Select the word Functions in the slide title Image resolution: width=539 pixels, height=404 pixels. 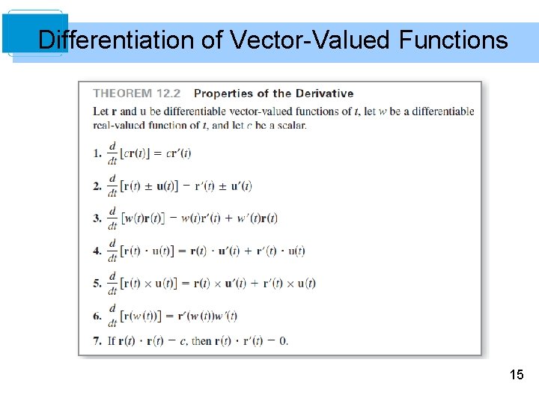pyautogui.click(x=453, y=40)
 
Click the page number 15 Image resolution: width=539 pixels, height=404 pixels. pyautogui.click(x=516, y=374)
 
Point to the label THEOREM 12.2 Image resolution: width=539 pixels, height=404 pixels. pyautogui.click(x=137, y=94)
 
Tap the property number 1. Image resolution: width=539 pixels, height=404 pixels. pyautogui.click(x=97, y=153)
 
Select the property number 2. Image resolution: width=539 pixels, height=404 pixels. pyautogui.click(x=97, y=186)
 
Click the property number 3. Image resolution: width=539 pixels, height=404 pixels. pyautogui.click(x=97, y=218)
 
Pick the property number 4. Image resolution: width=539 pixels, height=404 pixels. pyautogui.click(x=97, y=251)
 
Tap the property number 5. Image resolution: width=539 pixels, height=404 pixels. pyautogui.click(x=97, y=284)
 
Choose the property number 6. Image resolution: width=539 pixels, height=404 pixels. pyautogui.click(x=97, y=316)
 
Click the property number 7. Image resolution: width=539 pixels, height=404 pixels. pyautogui.click(x=97, y=341)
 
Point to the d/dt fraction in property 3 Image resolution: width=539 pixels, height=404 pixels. pyautogui.click(x=113, y=218)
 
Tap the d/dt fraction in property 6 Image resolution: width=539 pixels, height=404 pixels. pyautogui.click(x=113, y=316)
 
